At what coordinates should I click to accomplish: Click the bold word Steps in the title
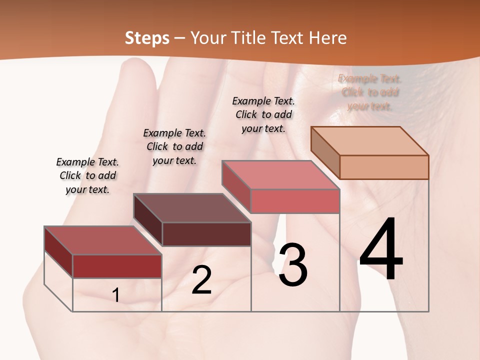coord(147,38)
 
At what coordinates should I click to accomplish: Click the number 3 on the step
coord(293,265)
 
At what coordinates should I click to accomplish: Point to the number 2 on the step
coord(201,280)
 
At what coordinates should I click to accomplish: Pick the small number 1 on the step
coord(116,295)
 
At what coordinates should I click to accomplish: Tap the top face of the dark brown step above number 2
coord(192,208)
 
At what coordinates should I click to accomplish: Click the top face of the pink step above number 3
coord(280,175)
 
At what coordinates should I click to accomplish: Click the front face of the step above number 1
coord(117,266)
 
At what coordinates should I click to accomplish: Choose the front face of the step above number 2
coord(206,234)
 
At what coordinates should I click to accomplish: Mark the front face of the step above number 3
coord(295,201)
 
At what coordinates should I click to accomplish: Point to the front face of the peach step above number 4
coord(384,167)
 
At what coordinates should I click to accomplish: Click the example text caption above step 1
coord(87,175)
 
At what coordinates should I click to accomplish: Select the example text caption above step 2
coord(174,146)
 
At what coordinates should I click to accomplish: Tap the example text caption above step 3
coord(263,114)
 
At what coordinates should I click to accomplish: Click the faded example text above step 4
coord(369,92)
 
